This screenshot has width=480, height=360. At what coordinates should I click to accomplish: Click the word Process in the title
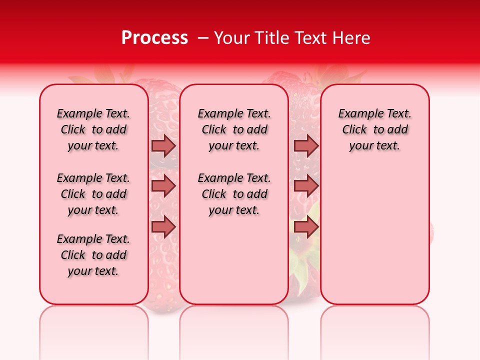coord(154,38)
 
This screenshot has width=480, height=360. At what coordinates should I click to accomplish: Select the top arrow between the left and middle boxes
coord(163,145)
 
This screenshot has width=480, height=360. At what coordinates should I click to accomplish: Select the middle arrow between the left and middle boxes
coord(163,186)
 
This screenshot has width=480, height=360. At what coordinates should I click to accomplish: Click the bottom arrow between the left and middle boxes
coord(163,227)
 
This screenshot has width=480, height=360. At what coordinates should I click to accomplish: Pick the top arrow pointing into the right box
coord(306,145)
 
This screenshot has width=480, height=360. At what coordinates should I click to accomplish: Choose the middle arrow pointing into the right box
coord(306,186)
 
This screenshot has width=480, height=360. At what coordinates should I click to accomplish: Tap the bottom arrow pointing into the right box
coord(306,227)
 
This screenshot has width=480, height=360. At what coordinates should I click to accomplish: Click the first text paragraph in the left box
coord(93,129)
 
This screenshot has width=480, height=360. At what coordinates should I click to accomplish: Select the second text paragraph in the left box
coord(93,194)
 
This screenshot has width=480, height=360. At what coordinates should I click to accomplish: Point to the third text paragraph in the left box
coord(93,255)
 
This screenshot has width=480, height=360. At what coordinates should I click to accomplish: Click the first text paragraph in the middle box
coord(234,129)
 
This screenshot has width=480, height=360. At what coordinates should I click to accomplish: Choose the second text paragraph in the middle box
coord(234,194)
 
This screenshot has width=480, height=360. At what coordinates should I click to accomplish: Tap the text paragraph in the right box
coord(374,129)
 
